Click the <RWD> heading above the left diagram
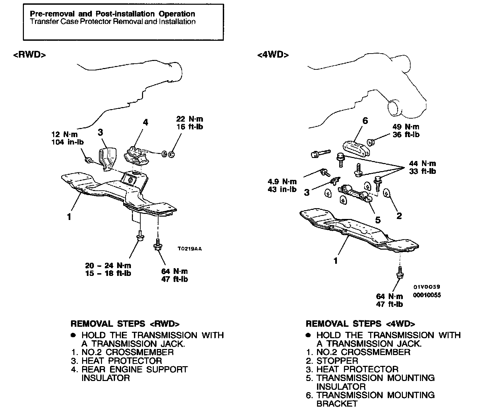tap(29, 55)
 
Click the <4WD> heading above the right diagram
tap(273, 55)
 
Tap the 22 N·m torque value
tap(189, 119)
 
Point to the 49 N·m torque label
tap(406, 127)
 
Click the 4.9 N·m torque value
tap(282, 182)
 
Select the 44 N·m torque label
tap(422, 164)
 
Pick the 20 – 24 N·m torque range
tap(108, 265)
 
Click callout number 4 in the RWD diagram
tap(145, 122)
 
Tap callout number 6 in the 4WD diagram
tap(365, 121)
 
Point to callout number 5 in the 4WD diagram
tap(378, 220)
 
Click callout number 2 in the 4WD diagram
tap(399, 216)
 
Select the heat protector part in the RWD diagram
tap(107, 158)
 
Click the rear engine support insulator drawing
tap(137, 156)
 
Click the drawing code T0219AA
tap(189, 249)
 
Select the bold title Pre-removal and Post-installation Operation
tap(112, 14)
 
